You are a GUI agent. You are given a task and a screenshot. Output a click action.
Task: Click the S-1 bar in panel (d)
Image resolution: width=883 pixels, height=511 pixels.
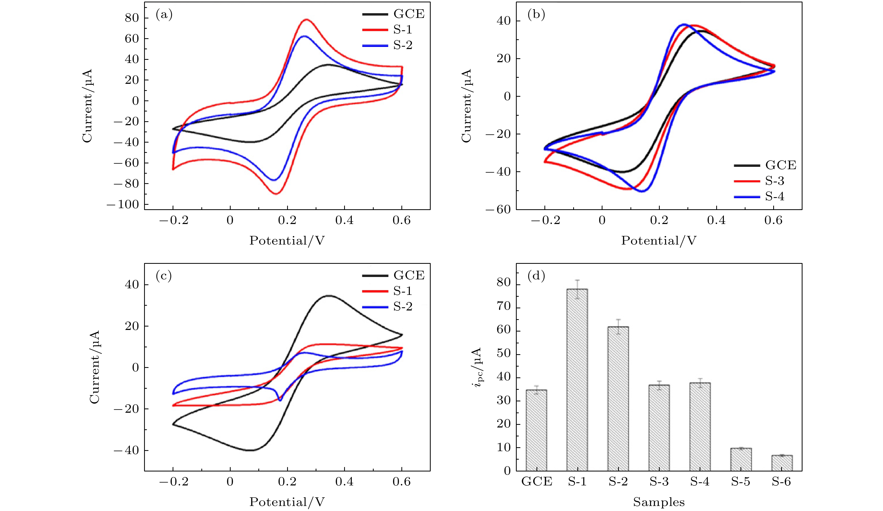tap(577, 380)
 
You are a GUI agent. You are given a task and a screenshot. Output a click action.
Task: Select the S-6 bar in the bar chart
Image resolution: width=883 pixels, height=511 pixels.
tap(782, 463)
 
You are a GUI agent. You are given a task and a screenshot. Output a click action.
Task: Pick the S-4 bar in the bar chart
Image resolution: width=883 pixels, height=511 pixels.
tap(700, 427)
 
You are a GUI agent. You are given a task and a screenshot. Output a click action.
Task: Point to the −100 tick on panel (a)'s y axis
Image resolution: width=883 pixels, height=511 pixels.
tap(123, 205)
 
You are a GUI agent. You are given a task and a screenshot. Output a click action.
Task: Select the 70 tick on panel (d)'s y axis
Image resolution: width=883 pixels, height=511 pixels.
tap(504, 307)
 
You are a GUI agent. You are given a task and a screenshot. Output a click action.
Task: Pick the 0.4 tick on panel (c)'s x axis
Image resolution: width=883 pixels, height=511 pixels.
tap(344, 481)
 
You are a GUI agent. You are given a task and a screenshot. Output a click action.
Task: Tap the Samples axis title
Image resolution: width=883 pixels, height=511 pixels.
tap(659, 502)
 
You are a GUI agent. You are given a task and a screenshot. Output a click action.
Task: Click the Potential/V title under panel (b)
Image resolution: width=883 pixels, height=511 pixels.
tap(659, 240)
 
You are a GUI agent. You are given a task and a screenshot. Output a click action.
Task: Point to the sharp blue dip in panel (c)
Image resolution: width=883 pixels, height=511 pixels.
tap(280, 400)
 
